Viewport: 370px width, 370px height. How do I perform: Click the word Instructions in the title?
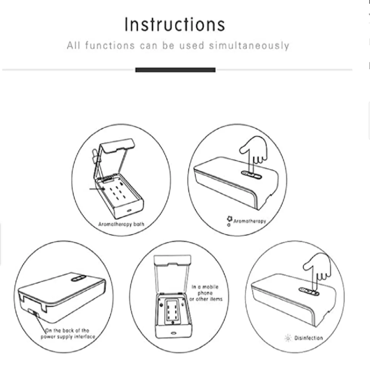click(x=175, y=24)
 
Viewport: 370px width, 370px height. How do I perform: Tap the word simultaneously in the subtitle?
click(x=249, y=46)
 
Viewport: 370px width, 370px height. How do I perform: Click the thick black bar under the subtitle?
click(x=175, y=70)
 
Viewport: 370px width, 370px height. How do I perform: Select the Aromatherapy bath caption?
click(x=121, y=224)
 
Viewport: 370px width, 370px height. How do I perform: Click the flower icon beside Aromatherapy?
click(x=229, y=219)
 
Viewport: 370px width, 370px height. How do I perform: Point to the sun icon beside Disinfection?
click(x=288, y=338)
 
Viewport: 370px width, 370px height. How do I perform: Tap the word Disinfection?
click(x=309, y=338)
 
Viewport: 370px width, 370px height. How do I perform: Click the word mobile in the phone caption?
click(x=210, y=287)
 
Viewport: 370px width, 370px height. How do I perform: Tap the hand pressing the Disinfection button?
click(x=318, y=269)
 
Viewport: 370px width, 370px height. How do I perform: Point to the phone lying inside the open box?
click(x=172, y=310)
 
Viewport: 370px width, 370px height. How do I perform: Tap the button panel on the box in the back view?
click(x=78, y=279)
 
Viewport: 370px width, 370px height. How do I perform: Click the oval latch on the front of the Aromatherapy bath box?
click(x=129, y=210)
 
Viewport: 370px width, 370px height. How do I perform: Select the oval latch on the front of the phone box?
click(x=174, y=333)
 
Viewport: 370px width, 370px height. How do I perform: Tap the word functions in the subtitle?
click(x=110, y=45)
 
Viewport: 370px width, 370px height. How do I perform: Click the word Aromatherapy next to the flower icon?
click(x=250, y=221)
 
